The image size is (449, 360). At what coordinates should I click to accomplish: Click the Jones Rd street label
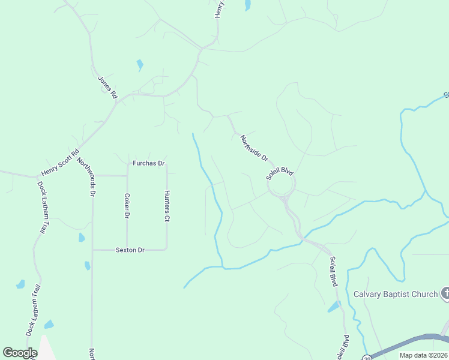coord(108,87)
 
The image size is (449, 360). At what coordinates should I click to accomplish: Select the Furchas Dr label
coord(149,163)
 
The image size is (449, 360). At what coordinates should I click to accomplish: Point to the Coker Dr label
coord(127,205)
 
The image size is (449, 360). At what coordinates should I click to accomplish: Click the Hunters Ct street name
coord(167,206)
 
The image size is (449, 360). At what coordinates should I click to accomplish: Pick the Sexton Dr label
coord(130,250)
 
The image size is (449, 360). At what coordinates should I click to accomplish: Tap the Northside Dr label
coord(254,148)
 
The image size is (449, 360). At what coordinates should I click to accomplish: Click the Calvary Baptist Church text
coord(396,294)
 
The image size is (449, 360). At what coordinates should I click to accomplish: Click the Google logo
coord(20,353)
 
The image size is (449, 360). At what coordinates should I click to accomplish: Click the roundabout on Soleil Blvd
coord(280,187)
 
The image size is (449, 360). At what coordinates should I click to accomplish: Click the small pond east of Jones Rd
coord(140,65)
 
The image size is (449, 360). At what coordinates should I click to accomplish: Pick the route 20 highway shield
coord(366,357)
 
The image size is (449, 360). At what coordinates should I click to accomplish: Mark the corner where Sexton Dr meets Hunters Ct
coord(166,249)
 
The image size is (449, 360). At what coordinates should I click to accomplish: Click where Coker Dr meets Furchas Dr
coord(127,176)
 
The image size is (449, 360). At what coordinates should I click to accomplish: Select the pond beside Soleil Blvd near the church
coord(334,307)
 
